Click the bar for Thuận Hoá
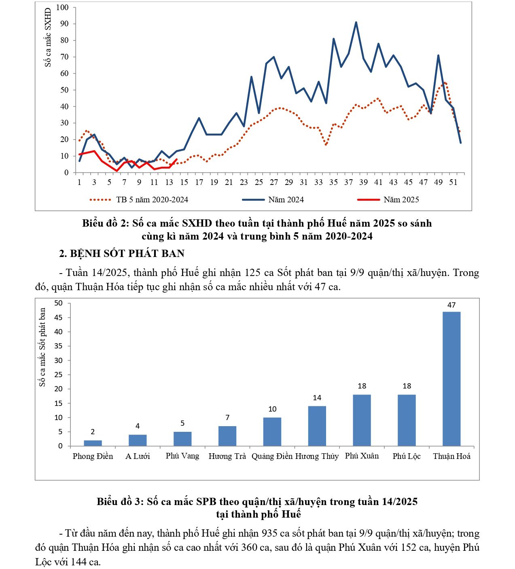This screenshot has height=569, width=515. pos(451,379)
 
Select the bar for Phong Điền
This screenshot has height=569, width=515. pos(93,443)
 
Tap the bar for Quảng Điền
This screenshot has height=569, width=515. pos(272,432)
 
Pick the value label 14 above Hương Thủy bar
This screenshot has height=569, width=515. pos(317,398)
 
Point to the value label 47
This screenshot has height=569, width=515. pos(451,305)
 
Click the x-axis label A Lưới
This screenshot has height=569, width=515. pos(138,456)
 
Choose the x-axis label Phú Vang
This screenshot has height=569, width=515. pos(182,456)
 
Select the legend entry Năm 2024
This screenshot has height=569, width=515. pos(286,200)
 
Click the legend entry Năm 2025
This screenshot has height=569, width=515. pos(401,200)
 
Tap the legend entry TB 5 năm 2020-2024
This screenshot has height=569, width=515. pos(152,200)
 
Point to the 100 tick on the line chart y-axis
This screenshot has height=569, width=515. pos(63,7)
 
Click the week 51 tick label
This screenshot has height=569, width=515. pos(453,182)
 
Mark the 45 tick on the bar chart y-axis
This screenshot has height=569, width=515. pos(59,317)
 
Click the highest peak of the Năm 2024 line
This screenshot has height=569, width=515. pos(356,22)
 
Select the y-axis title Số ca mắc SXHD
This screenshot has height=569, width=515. pos(48,37)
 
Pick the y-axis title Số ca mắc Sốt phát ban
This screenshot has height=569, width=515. pos(42,347)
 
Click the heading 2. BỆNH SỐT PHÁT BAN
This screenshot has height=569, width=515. pos(122,253)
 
